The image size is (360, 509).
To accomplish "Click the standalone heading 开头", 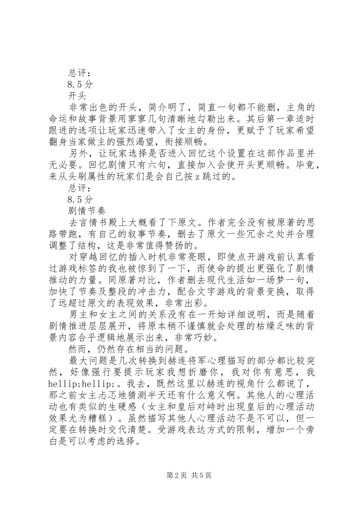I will point(77,94).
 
